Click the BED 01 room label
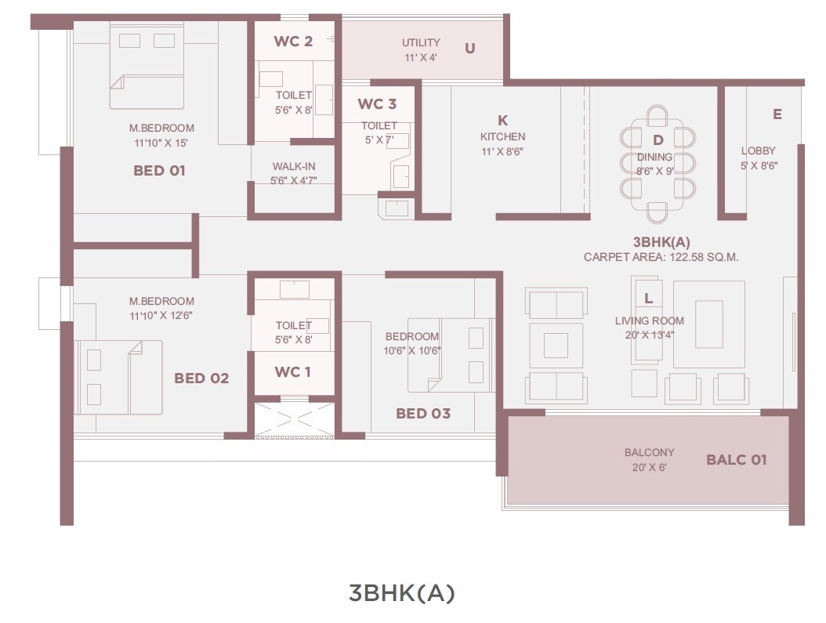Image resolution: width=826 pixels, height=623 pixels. [x=159, y=170]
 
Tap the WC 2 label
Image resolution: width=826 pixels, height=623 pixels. [x=293, y=42]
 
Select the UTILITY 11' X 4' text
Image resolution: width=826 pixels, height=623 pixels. [x=421, y=49]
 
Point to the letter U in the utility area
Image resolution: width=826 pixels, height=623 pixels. [x=470, y=48]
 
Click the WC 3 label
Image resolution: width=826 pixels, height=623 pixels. [x=377, y=104]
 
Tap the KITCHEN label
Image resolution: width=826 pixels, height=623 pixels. [x=502, y=137]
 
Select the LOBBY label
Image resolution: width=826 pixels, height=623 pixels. [x=758, y=150]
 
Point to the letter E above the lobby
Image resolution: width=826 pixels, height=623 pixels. [x=777, y=114]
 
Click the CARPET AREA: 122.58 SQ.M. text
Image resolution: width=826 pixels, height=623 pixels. [x=661, y=257]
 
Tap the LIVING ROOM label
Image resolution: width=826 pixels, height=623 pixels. [x=649, y=321]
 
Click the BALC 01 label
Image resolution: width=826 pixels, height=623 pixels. [x=736, y=459]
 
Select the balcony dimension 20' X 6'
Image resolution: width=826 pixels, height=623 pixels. [x=649, y=467]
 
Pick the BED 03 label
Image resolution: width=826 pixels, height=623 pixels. [x=423, y=413]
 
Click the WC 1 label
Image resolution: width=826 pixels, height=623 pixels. [x=292, y=371]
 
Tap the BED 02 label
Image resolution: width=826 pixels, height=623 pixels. [x=201, y=379]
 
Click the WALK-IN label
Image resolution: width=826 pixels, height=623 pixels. [x=294, y=166]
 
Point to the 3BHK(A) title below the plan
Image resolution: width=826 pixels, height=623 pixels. [x=401, y=593]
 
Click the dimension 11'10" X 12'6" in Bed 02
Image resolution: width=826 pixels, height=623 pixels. [x=161, y=316]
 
